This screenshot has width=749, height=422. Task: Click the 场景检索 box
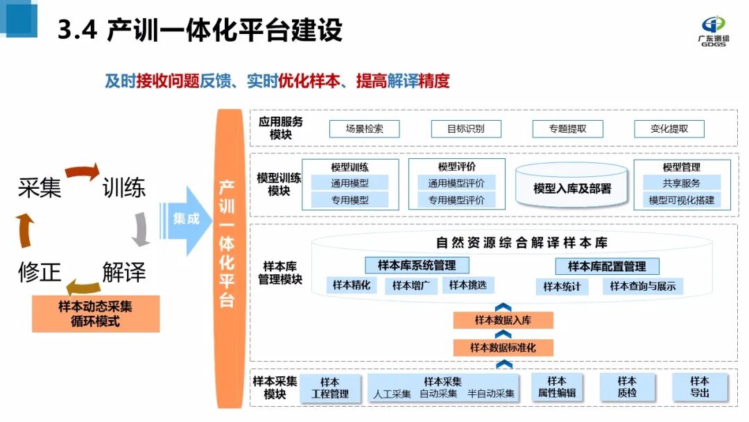365,128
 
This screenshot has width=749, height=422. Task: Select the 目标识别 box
466,128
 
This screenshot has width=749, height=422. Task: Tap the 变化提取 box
669,128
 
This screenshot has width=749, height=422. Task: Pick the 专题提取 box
567,128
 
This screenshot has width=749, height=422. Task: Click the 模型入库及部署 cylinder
572,188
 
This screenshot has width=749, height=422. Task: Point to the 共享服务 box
681,183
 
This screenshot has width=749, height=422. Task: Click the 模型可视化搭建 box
681,200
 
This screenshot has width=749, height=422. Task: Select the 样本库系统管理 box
417,265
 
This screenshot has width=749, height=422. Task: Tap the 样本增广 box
411,285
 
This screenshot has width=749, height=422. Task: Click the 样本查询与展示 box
642,286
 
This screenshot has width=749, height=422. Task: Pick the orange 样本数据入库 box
503,320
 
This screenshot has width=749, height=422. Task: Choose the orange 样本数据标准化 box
503,347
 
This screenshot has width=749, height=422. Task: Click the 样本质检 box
627,387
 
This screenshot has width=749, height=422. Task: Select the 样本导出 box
700,387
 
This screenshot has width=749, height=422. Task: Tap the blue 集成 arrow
185,219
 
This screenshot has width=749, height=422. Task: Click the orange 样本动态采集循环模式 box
96,314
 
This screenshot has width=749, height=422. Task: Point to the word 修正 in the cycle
40,271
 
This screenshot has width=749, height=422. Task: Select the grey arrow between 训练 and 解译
141,229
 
